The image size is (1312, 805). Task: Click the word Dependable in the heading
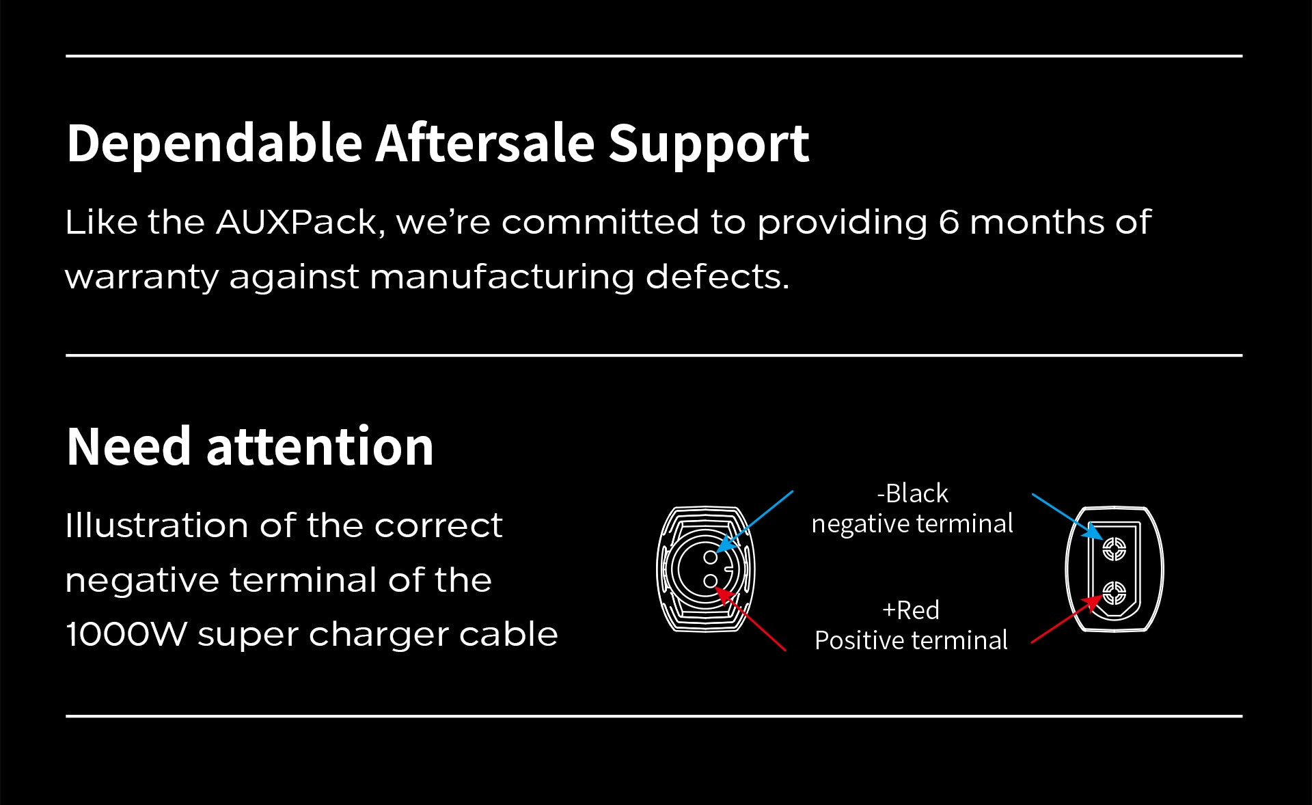pos(215,144)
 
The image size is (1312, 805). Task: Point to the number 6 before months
pos(948,223)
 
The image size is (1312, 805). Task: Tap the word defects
pos(717,276)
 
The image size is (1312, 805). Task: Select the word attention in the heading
pos(320,446)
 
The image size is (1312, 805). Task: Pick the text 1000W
pos(126,635)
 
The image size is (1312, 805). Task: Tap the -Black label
pos(912,493)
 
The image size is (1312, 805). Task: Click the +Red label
pos(911,610)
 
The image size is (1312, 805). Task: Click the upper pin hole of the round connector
pos(711,557)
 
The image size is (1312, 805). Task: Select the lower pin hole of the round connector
pos(711,581)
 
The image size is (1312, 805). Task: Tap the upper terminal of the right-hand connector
pos(1115,548)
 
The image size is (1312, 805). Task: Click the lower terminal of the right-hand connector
pos(1115,593)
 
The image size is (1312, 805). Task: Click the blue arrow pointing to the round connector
pos(755,521)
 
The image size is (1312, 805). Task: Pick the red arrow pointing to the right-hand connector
pos(1067,618)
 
